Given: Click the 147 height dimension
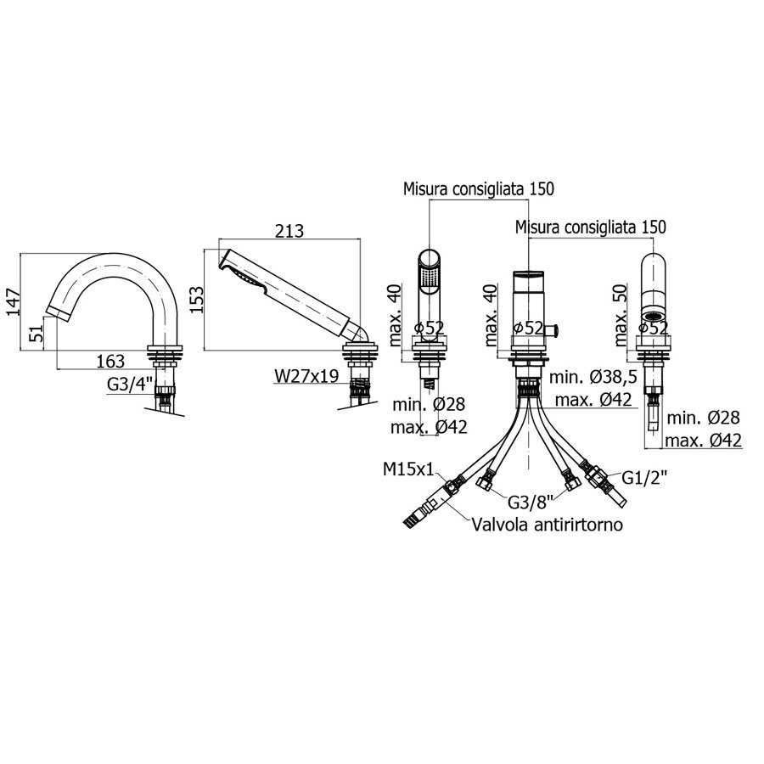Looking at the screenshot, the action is click(13, 302).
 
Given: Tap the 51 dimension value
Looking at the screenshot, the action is click(37, 334).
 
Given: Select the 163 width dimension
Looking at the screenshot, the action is click(110, 361).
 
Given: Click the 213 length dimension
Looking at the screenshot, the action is click(289, 230).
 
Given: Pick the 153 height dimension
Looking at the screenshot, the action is click(196, 300).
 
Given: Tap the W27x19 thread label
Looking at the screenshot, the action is click(306, 376).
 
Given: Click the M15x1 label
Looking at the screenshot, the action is click(408, 469).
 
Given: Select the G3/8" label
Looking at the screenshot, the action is click(531, 502).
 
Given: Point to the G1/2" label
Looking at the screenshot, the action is click(644, 478).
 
